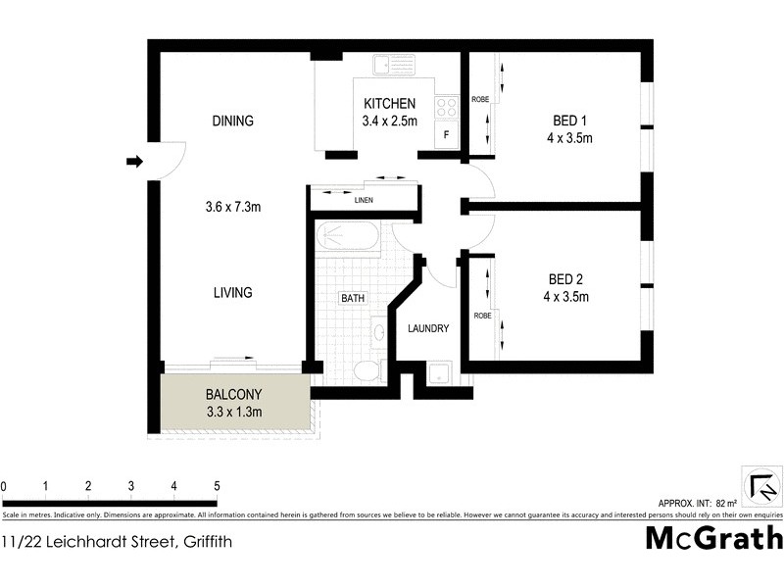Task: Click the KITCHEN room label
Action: pyautogui.click(x=390, y=104)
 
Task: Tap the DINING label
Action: pyautogui.click(x=232, y=122)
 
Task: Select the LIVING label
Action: pyautogui.click(x=232, y=292)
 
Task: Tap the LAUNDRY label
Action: pyautogui.click(x=428, y=328)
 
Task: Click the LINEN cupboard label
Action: pyautogui.click(x=364, y=200)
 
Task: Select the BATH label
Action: pyautogui.click(x=352, y=298)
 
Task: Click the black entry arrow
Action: pyautogui.click(x=134, y=162)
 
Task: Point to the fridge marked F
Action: pyautogui.click(x=447, y=135)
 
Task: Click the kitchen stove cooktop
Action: pyautogui.click(x=447, y=105)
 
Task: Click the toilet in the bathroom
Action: pyautogui.click(x=367, y=370)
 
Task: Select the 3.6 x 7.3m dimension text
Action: pyautogui.click(x=232, y=207)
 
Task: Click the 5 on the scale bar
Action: pyautogui.click(x=217, y=486)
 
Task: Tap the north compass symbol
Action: pyautogui.click(x=762, y=487)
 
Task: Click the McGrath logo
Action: pyautogui.click(x=714, y=538)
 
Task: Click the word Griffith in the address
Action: pyautogui.click(x=205, y=541)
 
